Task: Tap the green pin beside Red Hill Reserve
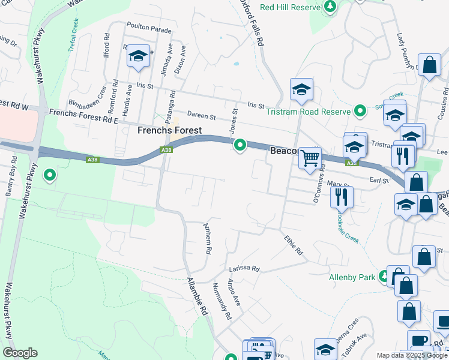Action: click(x=330, y=6)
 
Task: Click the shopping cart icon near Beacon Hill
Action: click(x=310, y=158)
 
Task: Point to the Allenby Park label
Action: click(x=351, y=277)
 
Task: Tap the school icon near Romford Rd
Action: click(x=139, y=57)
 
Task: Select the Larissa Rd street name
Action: click(x=243, y=269)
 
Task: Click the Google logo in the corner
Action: click(x=20, y=352)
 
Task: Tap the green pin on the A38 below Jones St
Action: click(x=240, y=145)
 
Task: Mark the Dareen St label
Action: click(x=200, y=116)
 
